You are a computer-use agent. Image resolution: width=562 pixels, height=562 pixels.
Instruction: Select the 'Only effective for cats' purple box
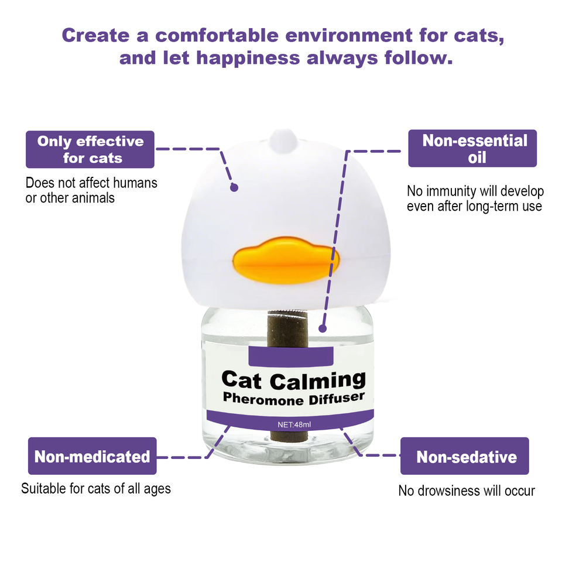pyautogui.click(x=90, y=149)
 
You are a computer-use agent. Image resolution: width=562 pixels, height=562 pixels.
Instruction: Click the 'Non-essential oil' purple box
pyautogui.click(x=472, y=149)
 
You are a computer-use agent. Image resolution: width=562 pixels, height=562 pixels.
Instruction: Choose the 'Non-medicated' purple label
pyautogui.click(x=92, y=456)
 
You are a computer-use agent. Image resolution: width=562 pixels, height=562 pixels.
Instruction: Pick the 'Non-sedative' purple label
pyautogui.click(x=465, y=456)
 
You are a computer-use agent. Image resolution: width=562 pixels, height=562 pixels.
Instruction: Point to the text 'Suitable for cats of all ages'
pyautogui.click(x=96, y=488)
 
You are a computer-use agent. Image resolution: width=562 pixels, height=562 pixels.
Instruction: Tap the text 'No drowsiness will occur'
pyautogui.click(x=467, y=491)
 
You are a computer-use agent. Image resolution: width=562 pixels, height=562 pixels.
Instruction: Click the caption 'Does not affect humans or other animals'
pyautogui.click(x=91, y=190)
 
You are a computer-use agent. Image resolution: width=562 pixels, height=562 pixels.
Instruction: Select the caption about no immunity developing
pyautogui.click(x=475, y=198)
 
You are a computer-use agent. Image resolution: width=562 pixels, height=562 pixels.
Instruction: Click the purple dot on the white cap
pyautogui.click(x=234, y=187)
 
